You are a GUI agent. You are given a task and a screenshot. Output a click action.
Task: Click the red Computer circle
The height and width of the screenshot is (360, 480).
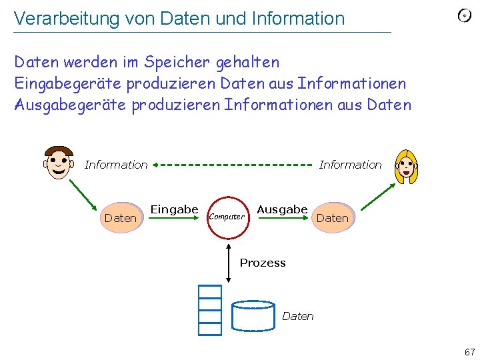tap(227, 217)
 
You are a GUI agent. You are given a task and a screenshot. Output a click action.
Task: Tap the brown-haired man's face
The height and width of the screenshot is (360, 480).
tap(59, 163)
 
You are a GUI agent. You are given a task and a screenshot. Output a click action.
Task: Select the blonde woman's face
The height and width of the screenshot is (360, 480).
tap(405, 166)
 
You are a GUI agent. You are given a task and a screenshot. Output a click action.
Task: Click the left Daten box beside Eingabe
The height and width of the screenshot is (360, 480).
tap(121, 218)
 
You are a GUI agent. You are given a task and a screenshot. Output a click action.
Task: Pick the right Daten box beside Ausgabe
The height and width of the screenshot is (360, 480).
tap(332, 218)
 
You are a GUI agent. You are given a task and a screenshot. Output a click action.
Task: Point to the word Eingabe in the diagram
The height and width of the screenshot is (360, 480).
tap(174, 209)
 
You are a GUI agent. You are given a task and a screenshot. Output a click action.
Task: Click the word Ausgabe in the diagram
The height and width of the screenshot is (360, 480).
tap(282, 209)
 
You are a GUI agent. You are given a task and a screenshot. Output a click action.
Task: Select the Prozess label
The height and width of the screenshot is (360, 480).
tap(263, 263)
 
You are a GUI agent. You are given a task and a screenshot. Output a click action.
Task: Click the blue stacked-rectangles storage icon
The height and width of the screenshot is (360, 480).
tap(209, 309)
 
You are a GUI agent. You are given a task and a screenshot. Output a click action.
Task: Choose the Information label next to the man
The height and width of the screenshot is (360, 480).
tap(116, 165)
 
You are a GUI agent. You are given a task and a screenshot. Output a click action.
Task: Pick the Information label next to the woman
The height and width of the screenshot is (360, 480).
tap(350, 165)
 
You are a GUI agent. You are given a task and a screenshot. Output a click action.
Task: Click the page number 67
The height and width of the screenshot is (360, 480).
tap(469, 351)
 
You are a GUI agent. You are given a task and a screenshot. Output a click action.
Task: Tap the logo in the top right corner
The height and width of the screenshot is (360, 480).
tap(465, 15)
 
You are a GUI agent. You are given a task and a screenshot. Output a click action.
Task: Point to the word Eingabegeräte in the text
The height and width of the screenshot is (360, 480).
tap(69, 83)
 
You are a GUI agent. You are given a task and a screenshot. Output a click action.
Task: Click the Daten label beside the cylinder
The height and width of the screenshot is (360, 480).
tap(298, 316)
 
